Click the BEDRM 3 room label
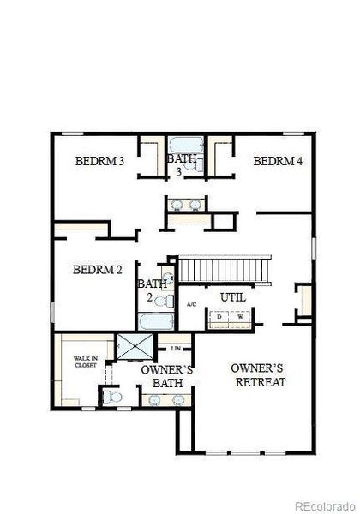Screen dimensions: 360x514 [x=99, y=161]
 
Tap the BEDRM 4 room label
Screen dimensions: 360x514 [x=278, y=161]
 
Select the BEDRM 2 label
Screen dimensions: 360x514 [x=98, y=270]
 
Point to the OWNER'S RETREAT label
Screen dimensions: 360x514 [x=259, y=375]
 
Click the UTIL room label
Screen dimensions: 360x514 [x=233, y=297]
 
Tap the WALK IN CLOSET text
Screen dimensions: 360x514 [x=86, y=362]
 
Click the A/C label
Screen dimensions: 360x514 [x=192, y=304]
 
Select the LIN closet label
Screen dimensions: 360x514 [x=176, y=349]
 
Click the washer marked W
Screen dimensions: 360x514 [x=241, y=317]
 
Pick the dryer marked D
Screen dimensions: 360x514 [x=219, y=317]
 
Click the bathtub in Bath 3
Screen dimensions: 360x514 [x=186, y=145]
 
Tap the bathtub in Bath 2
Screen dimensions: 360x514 [x=156, y=322]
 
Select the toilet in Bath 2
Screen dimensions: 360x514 [x=165, y=301]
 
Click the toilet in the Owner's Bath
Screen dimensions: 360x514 [x=111, y=397]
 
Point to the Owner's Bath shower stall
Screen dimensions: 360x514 [x=135, y=346]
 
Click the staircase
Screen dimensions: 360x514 [x=225, y=270]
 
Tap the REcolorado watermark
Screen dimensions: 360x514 [x=325, y=506]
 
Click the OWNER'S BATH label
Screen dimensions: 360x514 [x=167, y=376]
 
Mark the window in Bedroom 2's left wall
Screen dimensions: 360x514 [x=52, y=312]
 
